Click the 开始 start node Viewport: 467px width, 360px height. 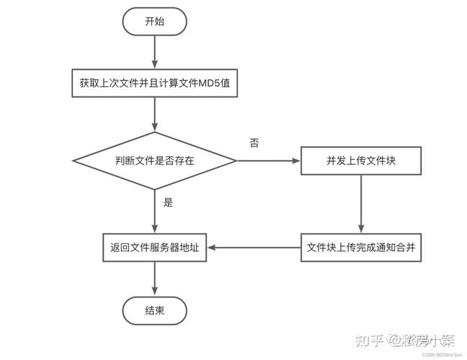[x=155, y=22]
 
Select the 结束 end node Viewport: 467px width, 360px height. [x=155, y=311]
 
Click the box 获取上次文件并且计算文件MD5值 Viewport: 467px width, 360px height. [x=155, y=83]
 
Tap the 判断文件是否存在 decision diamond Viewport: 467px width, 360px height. [x=155, y=161]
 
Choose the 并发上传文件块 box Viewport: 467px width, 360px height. [x=361, y=161]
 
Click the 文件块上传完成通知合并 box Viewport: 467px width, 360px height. [x=361, y=248]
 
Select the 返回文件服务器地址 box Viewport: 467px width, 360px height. [x=155, y=248]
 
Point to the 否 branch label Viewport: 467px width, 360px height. [x=254, y=143]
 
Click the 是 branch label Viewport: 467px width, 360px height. [x=168, y=202]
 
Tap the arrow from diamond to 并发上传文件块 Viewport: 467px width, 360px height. [x=268, y=161]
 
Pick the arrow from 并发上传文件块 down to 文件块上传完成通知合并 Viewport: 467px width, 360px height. [x=361, y=204]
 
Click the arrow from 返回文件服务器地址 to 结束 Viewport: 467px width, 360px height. [x=155, y=279]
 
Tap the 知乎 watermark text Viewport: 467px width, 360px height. [x=370, y=336]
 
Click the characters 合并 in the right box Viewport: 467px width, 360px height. [x=406, y=248]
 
